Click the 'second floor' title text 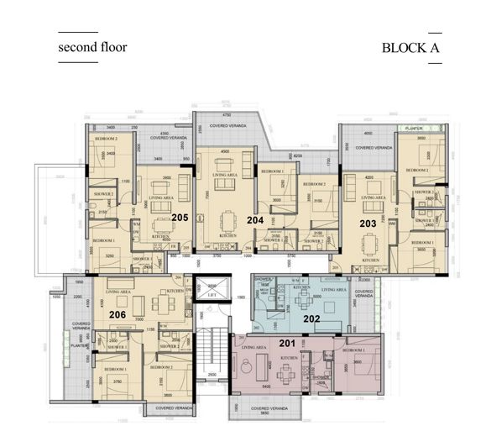92,47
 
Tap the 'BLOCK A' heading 410,48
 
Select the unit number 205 179,217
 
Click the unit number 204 255,220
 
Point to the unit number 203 367,223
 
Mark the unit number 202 311,318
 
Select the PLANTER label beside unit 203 412,129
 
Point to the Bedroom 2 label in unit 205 106,138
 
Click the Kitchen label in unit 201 290,357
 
